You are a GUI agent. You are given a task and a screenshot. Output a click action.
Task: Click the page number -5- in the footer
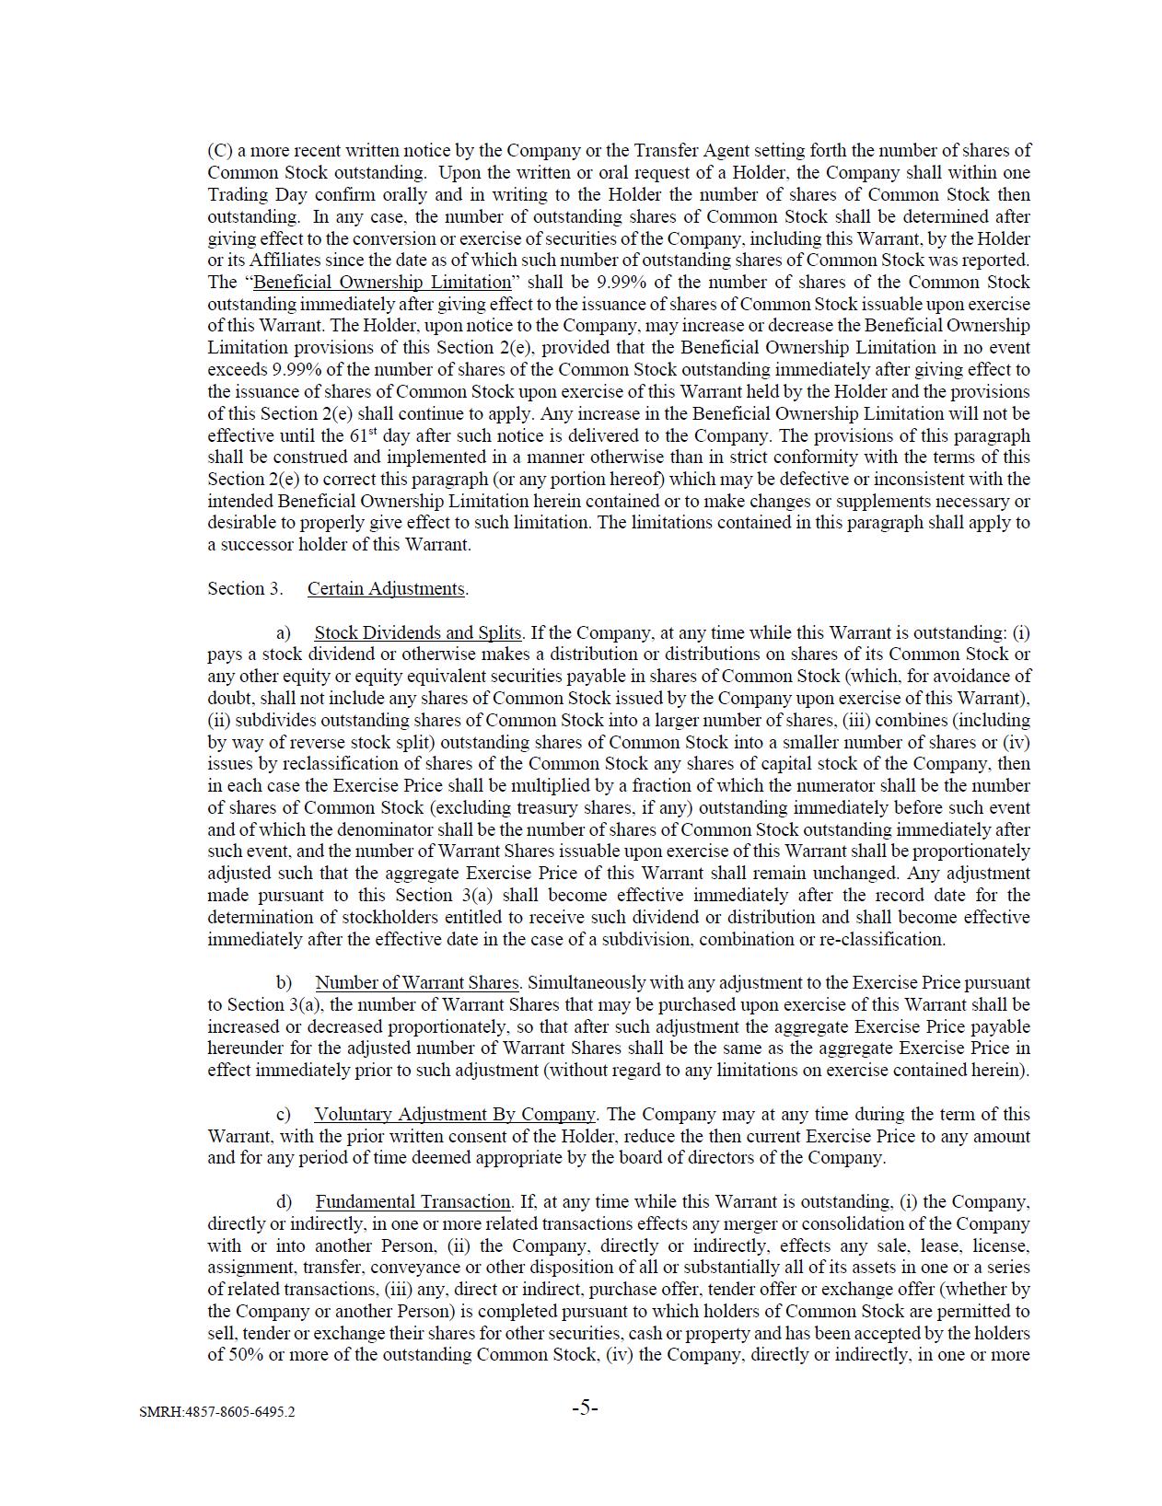(x=585, y=1407)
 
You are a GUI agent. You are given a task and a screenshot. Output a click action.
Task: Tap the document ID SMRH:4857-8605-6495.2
(x=217, y=1411)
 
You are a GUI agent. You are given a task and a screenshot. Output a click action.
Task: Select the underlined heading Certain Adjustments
(x=386, y=588)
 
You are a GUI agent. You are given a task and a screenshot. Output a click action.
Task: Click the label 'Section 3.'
(x=245, y=588)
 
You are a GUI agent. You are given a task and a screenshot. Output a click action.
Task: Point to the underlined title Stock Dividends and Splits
(x=418, y=632)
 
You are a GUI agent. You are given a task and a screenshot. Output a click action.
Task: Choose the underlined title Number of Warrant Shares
(x=418, y=982)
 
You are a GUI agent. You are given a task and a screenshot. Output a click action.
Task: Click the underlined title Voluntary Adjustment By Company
(x=455, y=1114)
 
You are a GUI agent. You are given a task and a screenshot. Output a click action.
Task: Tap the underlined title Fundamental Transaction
(x=413, y=1201)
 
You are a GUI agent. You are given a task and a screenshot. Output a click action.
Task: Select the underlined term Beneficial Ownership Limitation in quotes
(x=381, y=282)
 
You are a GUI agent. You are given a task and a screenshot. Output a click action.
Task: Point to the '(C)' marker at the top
(x=219, y=150)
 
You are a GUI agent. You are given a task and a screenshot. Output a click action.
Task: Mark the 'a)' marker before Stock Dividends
(x=283, y=632)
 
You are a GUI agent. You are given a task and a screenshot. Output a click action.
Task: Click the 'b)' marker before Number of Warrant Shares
(x=284, y=982)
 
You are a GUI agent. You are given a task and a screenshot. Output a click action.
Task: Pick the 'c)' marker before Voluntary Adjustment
(x=283, y=1114)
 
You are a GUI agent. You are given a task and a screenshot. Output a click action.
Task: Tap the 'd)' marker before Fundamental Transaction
(x=284, y=1201)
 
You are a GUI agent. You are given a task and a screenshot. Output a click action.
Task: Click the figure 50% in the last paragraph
(x=244, y=1354)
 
